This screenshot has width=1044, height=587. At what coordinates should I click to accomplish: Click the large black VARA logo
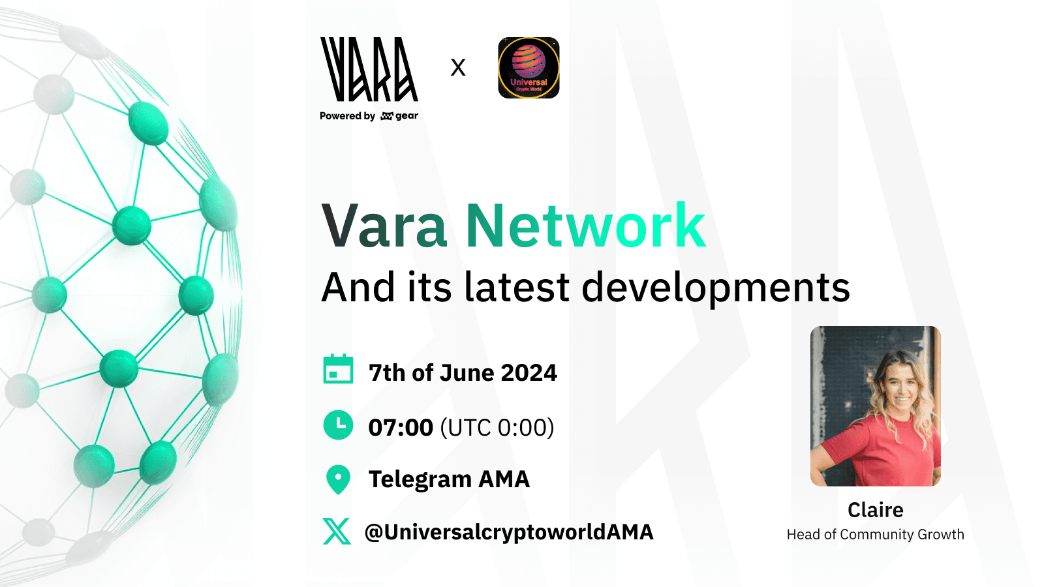coord(369,69)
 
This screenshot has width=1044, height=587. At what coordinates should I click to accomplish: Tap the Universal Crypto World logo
coord(529,68)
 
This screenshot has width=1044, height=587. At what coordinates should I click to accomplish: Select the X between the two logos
coord(458,68)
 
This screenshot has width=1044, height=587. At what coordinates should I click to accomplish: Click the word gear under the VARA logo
coord(407,116)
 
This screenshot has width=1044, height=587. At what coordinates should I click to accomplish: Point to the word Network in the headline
coord(586,226)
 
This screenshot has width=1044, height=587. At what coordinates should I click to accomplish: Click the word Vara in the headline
coord(384,226)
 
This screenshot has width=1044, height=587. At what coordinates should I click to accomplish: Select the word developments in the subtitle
coord(716,288)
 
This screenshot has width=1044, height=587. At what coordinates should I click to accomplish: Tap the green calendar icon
coord(339,369)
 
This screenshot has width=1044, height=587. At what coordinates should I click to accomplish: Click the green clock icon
coord(339,425)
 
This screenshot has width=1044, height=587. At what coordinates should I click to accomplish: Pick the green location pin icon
coord(339,479)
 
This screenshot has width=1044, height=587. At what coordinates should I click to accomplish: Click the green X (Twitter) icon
coord(337,531)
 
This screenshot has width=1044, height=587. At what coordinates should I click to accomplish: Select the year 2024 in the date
coord(529,372)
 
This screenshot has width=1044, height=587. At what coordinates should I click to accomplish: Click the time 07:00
coord(401,428)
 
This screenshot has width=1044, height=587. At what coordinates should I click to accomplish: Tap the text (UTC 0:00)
coord(497,428)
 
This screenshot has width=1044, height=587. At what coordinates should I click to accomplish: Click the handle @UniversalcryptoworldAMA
coord(509,532)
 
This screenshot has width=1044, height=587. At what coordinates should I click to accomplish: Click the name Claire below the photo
coord(875,510)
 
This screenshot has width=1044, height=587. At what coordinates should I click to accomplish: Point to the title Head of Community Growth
coord(875,534)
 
